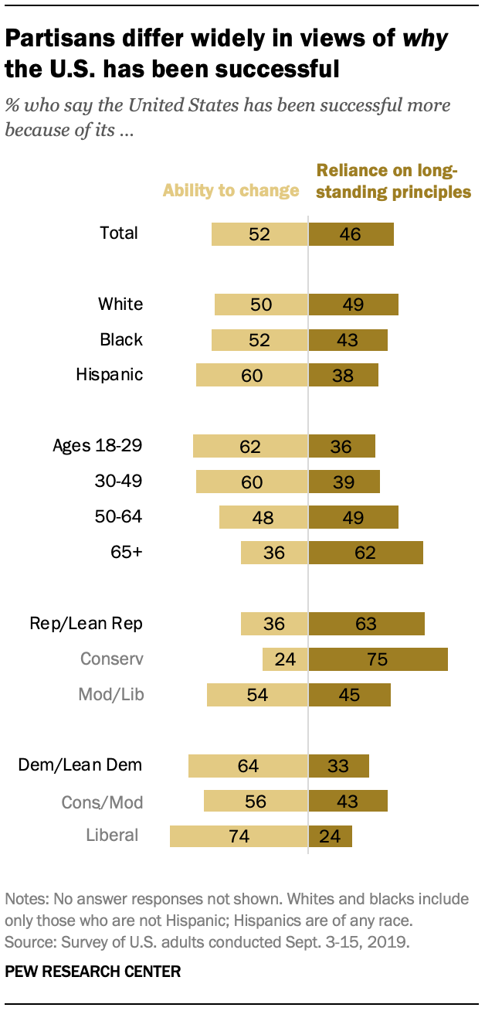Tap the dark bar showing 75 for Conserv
[378, 659]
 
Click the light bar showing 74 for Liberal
[239, 836]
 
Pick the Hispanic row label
[110, 375]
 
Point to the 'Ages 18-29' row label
[97, 445]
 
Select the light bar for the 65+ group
[274, 553]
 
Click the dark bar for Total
[351, 234]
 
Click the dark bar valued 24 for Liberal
[330, 836]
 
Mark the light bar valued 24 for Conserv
[285, 659]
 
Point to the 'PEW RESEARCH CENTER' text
[93, 972]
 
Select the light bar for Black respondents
[259, 340]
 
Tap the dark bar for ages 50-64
[353, 517]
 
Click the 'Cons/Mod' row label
[103, 802]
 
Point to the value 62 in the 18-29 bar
[250, 446]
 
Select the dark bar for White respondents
[353, 305]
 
